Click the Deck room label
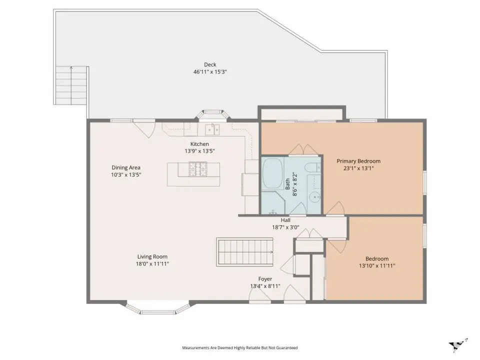(210, 64)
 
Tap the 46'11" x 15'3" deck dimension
(210, 72)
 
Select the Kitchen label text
(199, 144)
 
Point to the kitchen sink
(212, 129)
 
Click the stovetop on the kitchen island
(198, 169)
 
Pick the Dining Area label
(126, 167)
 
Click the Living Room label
(152, 256)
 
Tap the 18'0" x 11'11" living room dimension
(152, 263)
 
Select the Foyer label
(265, 279)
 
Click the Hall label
(285, 220)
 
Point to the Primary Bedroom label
(358, 161)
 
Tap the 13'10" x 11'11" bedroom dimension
(377, 265)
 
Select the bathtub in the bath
(273, 173)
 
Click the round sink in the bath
(314, 197)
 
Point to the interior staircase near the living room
(244, 252)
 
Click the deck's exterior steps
(72, 85)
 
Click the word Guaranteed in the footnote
(287, 348)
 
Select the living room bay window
(157, 308)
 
